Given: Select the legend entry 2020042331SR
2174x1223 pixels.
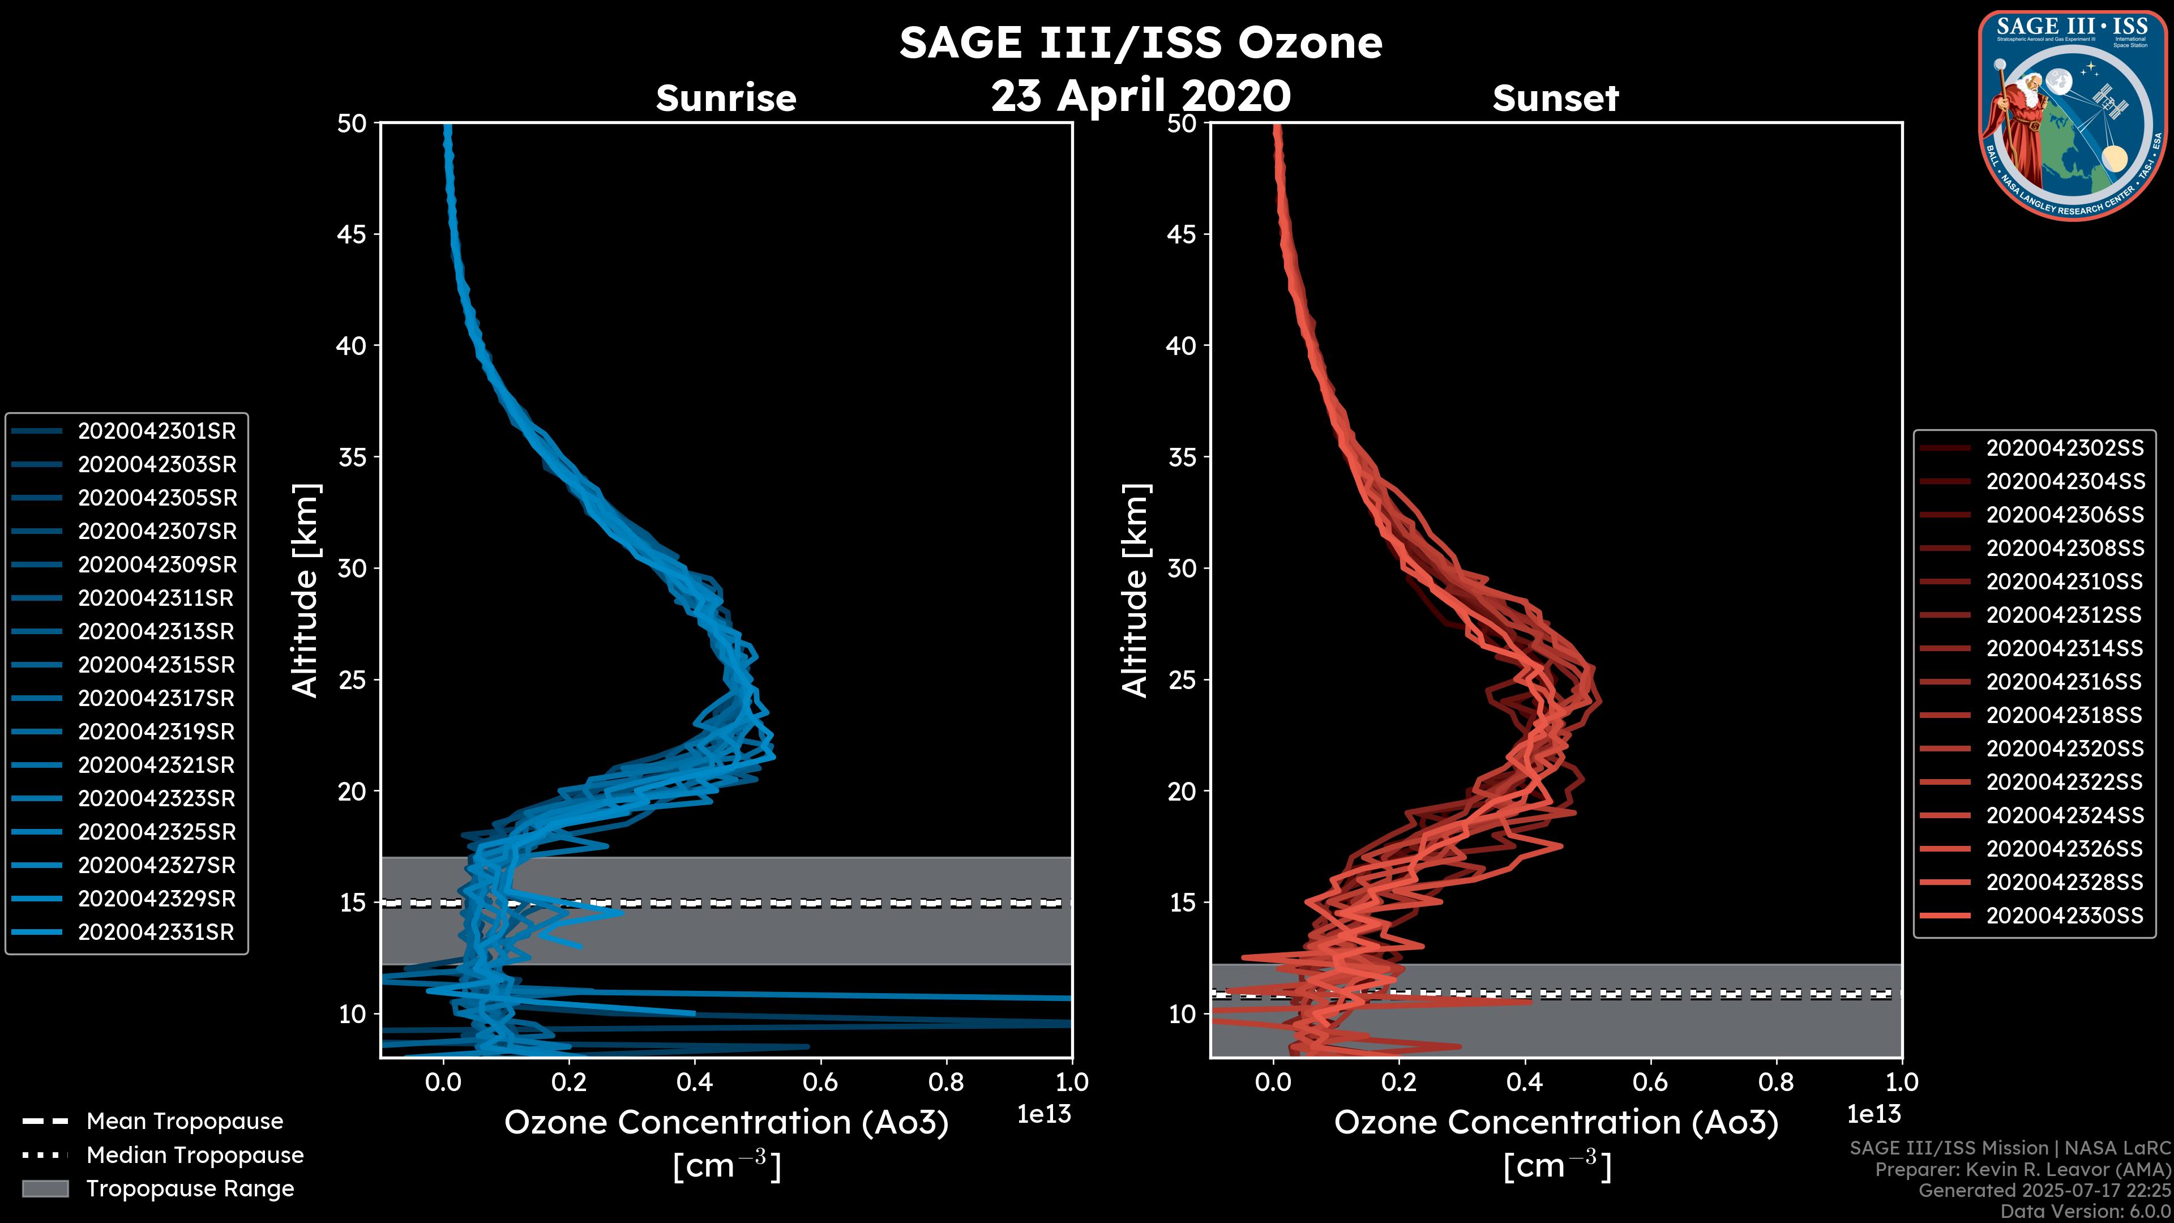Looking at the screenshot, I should click(x=156, y=933).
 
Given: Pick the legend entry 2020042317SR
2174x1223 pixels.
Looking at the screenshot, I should click(x=156, y=699).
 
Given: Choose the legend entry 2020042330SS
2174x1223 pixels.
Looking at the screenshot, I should click(x=2064, y=916).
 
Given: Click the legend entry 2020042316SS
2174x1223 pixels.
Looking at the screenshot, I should click(x=2064, y=682).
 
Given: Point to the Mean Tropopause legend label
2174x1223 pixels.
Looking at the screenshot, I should click(x=185, y=1122).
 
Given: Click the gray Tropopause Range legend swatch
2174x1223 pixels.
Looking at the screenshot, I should click(x=45, y=1189).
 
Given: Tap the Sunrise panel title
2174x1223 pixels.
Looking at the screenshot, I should click(x=726, y=99).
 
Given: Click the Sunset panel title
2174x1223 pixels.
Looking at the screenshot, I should click(x=1555, y=99).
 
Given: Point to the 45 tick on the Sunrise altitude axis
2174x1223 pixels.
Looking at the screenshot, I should click(x=353, y=234).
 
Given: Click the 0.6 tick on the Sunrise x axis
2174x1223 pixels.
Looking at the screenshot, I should click(x=820, y=1082).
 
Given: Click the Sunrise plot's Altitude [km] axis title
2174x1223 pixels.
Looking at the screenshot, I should click(x=306, y=591).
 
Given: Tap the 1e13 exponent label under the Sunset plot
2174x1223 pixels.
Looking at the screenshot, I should click(x=1873, y=1115).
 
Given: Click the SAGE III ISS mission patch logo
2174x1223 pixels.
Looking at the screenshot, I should click(x=2073, y=116).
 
